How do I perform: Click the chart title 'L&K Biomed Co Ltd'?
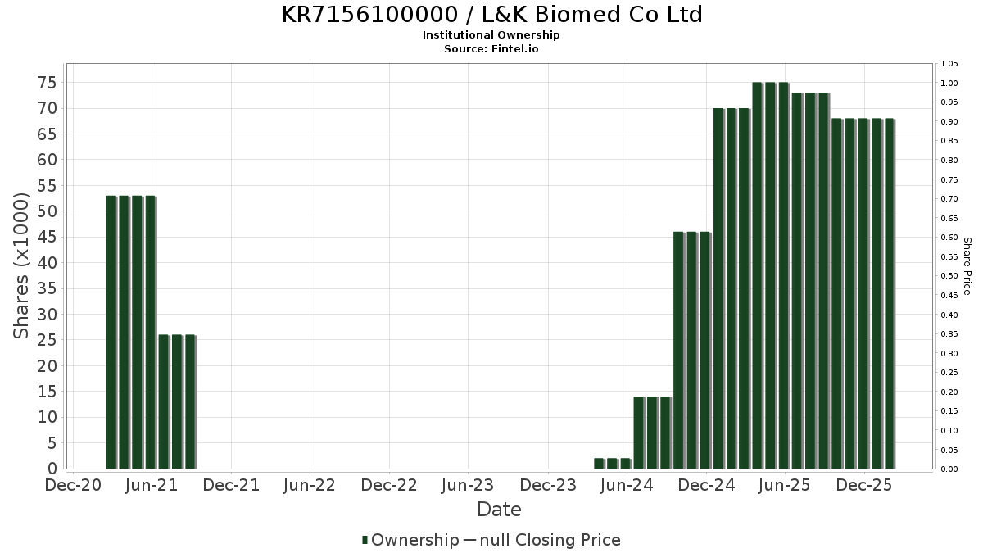491,15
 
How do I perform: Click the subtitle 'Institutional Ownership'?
491,35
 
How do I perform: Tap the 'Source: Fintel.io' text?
491,49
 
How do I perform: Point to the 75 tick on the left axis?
46,83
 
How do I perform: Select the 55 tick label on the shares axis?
46,186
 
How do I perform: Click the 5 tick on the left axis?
52,443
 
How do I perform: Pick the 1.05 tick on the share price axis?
949,64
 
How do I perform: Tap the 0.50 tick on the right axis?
949,276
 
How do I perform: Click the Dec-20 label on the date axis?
74,486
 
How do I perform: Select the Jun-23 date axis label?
468,486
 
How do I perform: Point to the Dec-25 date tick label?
864,486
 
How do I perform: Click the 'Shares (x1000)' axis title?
22,265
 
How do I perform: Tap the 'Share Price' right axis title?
967,265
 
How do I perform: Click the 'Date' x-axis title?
499,510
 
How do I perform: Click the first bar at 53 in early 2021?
111,332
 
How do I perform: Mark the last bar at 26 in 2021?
189,401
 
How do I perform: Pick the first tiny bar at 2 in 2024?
599,464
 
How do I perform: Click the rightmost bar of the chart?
889,293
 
